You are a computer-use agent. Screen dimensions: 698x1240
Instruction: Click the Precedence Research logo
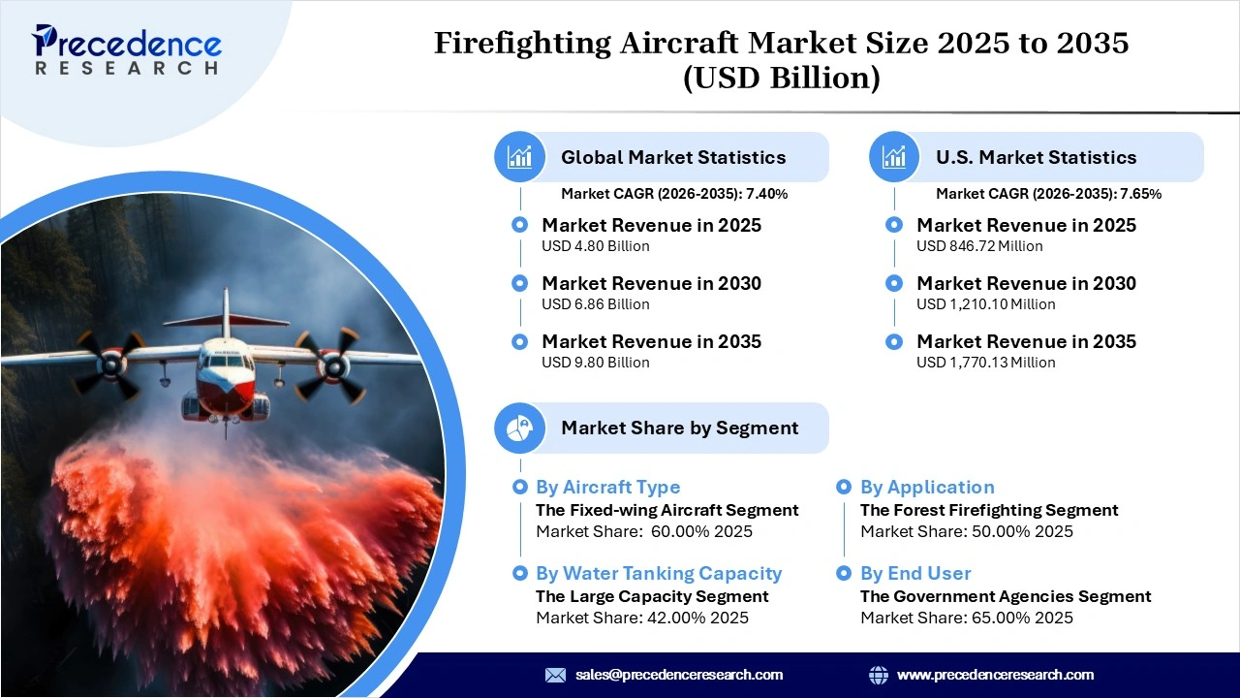(127, 48)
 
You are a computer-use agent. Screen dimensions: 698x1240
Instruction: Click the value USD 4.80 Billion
(595, 246)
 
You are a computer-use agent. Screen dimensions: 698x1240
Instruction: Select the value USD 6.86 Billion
(595, 304)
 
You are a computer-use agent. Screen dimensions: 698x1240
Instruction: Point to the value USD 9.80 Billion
(595, 363)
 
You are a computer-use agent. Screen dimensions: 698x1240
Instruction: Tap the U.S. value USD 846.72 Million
(979, 246)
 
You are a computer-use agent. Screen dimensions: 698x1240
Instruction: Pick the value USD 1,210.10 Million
(985, 304)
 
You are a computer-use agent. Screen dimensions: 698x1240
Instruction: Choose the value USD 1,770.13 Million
(985, 363)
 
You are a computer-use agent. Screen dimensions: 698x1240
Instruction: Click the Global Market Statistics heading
(673, 157)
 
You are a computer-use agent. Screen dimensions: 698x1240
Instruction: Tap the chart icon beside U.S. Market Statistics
(894, 157)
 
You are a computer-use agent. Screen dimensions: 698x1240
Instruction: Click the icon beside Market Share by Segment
(519, 428)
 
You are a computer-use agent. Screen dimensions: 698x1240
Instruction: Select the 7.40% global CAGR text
(766, 194)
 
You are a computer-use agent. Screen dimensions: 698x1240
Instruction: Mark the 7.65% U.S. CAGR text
(1141, 194)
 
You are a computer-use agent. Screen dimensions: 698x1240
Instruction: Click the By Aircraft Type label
(607, 488)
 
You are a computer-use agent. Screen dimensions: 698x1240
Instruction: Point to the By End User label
(915, 574)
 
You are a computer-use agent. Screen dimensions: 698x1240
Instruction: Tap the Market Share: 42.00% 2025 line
(641, 618)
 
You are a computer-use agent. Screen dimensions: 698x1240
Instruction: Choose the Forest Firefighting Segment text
(989, 510)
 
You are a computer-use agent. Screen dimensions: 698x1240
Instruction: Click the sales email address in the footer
(678, 675)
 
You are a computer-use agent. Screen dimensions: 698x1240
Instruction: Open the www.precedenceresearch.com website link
(995, 675)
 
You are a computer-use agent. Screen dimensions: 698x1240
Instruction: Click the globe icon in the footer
(879, 675)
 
